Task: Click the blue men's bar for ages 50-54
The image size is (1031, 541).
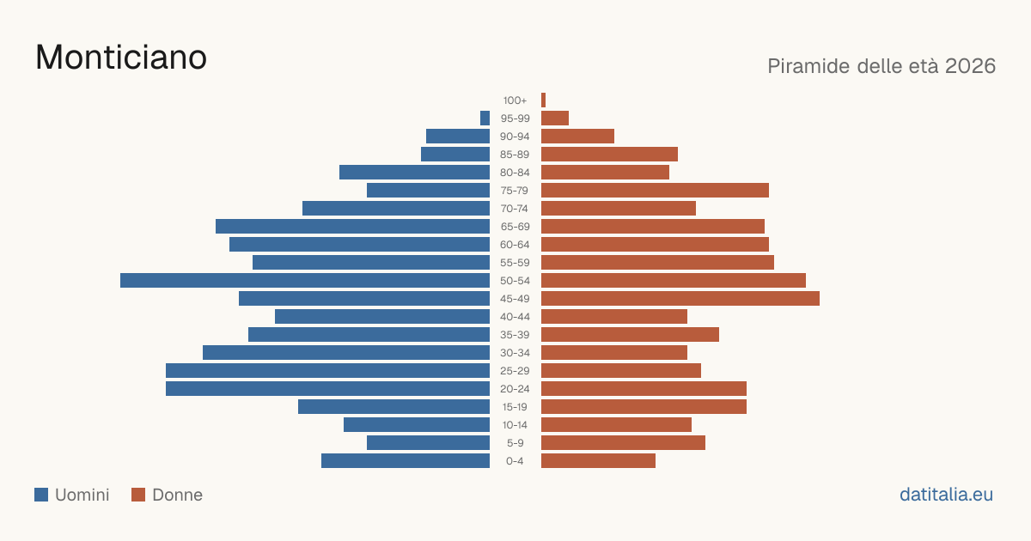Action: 305,280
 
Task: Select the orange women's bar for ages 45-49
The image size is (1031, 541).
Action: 680,298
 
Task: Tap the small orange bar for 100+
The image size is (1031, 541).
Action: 544,100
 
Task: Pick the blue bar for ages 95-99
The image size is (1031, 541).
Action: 485,118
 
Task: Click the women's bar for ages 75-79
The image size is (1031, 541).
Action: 655,190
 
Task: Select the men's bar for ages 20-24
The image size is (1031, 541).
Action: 327,388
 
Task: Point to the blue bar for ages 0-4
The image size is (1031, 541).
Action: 406,460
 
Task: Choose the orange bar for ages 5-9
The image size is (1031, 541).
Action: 623,442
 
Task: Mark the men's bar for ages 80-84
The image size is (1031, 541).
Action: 414,172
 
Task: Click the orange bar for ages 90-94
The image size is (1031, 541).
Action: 577,136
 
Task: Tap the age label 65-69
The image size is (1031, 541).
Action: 515,227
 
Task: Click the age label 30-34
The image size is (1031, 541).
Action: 515,352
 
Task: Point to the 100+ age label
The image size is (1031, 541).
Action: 515,100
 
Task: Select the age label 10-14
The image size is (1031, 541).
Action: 515,424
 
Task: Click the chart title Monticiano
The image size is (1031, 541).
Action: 121,57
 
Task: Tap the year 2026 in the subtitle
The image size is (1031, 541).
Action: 970,66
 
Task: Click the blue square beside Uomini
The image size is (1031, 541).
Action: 41,495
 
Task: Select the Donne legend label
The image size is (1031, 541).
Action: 177,495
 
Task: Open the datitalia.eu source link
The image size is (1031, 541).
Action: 946,495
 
